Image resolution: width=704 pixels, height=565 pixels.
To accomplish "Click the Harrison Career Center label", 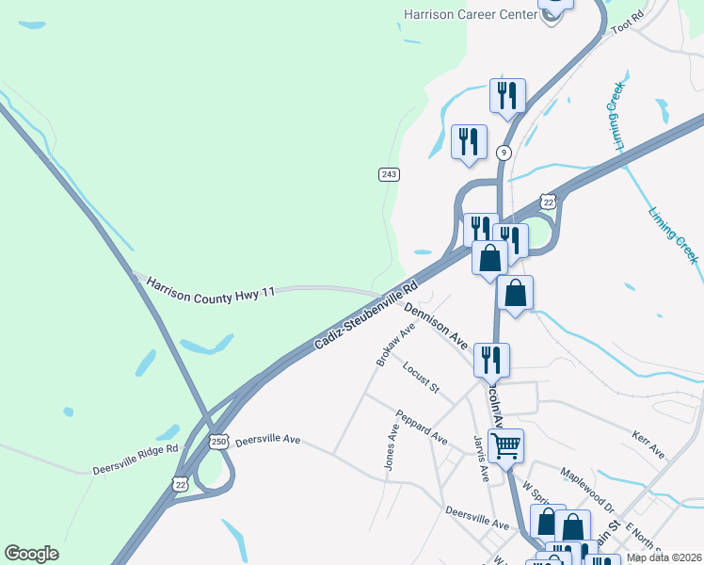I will (x=468, y=14).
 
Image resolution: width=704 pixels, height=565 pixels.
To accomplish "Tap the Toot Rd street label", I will (x=626, y=22).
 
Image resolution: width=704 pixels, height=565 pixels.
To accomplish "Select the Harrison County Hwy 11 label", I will (x=210, y=288).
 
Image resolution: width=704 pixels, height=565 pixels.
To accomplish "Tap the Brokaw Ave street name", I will (x=395, y=345).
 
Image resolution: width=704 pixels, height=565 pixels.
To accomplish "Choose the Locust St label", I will (x=421, y=376).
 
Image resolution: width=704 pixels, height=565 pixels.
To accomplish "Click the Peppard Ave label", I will (x=421, y=427).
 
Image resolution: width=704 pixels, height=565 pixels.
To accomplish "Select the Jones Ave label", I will (x=391, y=445).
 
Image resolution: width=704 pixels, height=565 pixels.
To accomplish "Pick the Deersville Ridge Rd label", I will (x=136, y=459).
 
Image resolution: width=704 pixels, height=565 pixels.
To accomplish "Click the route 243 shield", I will (x=389, y=174).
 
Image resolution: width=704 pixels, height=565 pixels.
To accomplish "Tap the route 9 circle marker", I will (x=504, y=153).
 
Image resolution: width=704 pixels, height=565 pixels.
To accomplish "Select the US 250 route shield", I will (x=218, y=441).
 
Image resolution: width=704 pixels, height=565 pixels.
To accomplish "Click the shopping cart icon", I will (x=506, y=444).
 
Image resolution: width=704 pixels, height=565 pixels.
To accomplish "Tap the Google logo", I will (x=31, y=553).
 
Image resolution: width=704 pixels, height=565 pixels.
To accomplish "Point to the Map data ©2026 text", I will (x=664, y=557).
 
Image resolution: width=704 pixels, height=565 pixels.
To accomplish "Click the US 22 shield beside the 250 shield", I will (x=181, y=483).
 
